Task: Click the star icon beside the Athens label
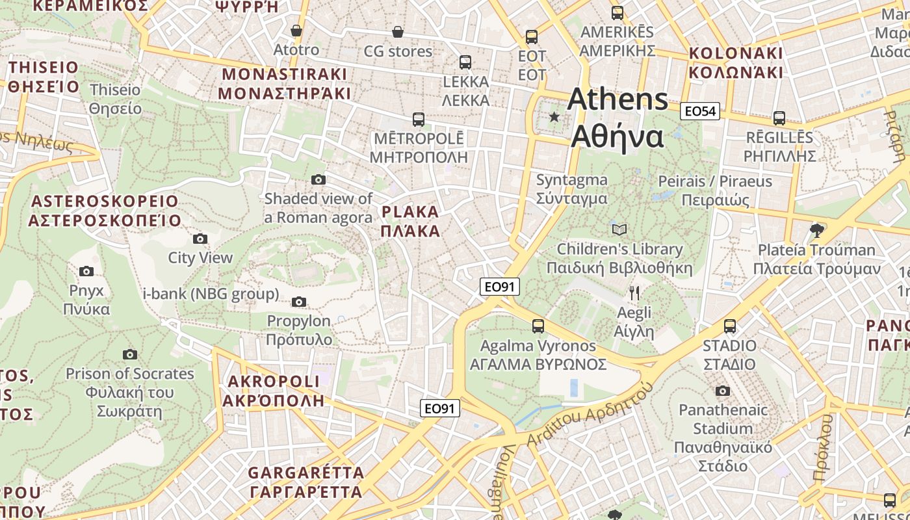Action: pos(554,117)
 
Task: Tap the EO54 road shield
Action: pos(699,111)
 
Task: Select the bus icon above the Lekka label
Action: pos(465,62)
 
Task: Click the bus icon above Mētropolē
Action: pos(419,120)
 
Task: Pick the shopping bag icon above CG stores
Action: pos(398,32)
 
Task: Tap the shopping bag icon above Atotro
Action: pos(296,31)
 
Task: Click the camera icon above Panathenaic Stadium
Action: pos(722,391)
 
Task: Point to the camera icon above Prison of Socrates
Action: pos(130,354)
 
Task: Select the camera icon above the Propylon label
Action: pos(299,302)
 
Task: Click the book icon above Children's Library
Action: pos(619,229)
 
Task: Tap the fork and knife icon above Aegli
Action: pos(634,293)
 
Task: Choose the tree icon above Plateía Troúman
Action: pos(817,230)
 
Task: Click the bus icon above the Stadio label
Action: pos(730,326)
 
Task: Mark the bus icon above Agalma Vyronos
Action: pos(538,326)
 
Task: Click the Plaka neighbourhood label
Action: pos(410,221)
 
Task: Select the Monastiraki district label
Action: pos(284,83)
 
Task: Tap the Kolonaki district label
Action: pos(736,62)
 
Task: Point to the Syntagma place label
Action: pos(572,189)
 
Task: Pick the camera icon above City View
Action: pos(200,239)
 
